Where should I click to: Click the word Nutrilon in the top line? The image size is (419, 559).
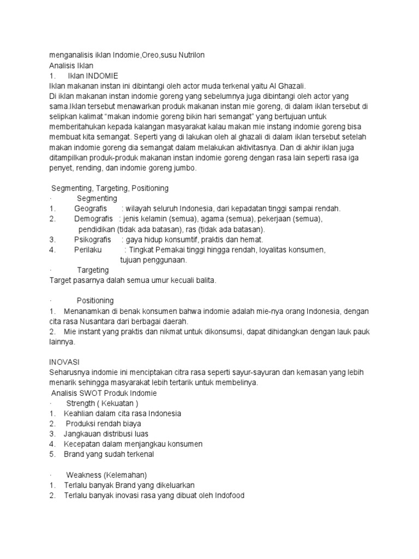click(x=190, y=56)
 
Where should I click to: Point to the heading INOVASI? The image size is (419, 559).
click(x=64, y=362)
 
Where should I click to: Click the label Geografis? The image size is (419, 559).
click(x=90, y=209)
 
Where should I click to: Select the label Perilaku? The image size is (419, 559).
click(x=88, y=250)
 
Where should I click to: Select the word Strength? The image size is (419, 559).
click(x=81, y=403)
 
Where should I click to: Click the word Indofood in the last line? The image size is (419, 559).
click(x=230, y=495)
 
